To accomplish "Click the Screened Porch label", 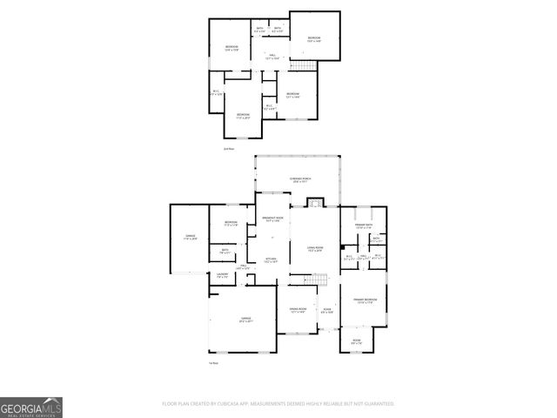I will click(x=301, y=179).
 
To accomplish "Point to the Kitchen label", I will click(x=271, y=260).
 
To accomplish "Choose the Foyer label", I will click(x=327, y=310).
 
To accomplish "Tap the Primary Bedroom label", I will click(x=363, y=301).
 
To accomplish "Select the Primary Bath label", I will click(x=364, y=226).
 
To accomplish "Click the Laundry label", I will click(x=220, y=275).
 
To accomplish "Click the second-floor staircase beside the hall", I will click(x=301, y=67).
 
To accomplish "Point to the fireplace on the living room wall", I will click(x=315, y=203).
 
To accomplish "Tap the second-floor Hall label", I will click(x=272, y=57).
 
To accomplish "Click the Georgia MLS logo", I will click(x=31, y=407).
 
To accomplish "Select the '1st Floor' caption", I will click(x=214, y=362).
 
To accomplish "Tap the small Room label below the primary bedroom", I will click(x=356, y=340).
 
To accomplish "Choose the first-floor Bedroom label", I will click(x=231, y=224).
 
